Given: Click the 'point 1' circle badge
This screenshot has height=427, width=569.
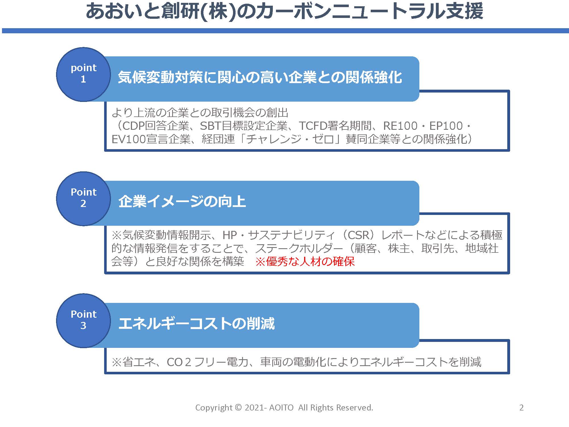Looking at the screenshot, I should coord(83,74).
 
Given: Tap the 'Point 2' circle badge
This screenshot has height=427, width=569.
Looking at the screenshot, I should coord(83,198).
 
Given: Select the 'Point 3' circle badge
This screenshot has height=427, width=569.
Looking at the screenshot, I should coord(83,321).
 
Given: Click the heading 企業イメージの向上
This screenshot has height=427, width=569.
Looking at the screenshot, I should coord(182,202).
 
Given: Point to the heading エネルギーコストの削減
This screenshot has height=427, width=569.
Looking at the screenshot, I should coord(197,324).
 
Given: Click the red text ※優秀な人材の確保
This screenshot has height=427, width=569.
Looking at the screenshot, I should coord(305,262).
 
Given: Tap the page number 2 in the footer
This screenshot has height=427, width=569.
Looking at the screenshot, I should coord(521,408).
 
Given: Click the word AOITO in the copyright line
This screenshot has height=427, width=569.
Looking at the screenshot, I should coord(281,408).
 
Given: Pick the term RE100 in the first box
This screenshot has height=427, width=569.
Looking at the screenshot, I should coord(400,126).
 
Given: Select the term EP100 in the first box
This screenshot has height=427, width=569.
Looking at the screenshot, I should coord(446,126).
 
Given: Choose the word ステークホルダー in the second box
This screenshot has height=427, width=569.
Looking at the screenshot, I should coord(299,249).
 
